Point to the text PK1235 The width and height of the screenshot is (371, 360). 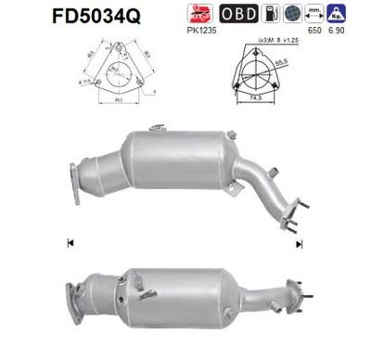pos(198,34)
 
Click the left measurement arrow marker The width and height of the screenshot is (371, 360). pos(70,243)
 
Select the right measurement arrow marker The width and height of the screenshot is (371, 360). pos(300,243)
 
